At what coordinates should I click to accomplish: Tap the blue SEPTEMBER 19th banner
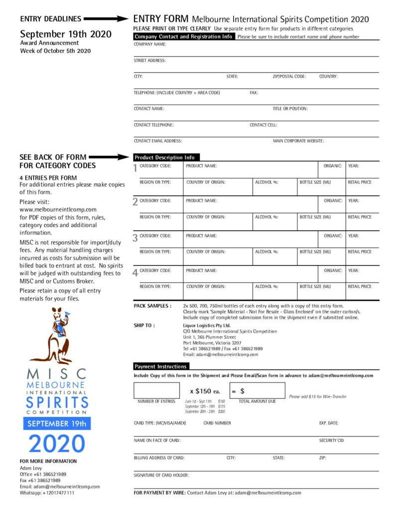point(57,423)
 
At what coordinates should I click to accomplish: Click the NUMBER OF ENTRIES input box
point(156,390)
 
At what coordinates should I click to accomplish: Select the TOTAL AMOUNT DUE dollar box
point(257,390)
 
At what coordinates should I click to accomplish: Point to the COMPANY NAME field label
point(150,44)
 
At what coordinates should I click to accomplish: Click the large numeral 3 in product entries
point(135,238)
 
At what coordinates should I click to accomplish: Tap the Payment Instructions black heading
point(160,366)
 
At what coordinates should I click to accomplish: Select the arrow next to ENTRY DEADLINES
point(106,19)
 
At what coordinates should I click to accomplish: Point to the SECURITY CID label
point(331,440)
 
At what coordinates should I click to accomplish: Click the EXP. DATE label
point(329,423)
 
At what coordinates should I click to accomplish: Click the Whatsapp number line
point(47,493)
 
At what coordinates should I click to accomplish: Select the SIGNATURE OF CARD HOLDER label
point(161,475)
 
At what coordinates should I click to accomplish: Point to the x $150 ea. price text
point(205,391)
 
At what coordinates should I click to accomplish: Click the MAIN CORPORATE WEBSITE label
point(298,141)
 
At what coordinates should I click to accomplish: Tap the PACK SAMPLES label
point(152,306)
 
